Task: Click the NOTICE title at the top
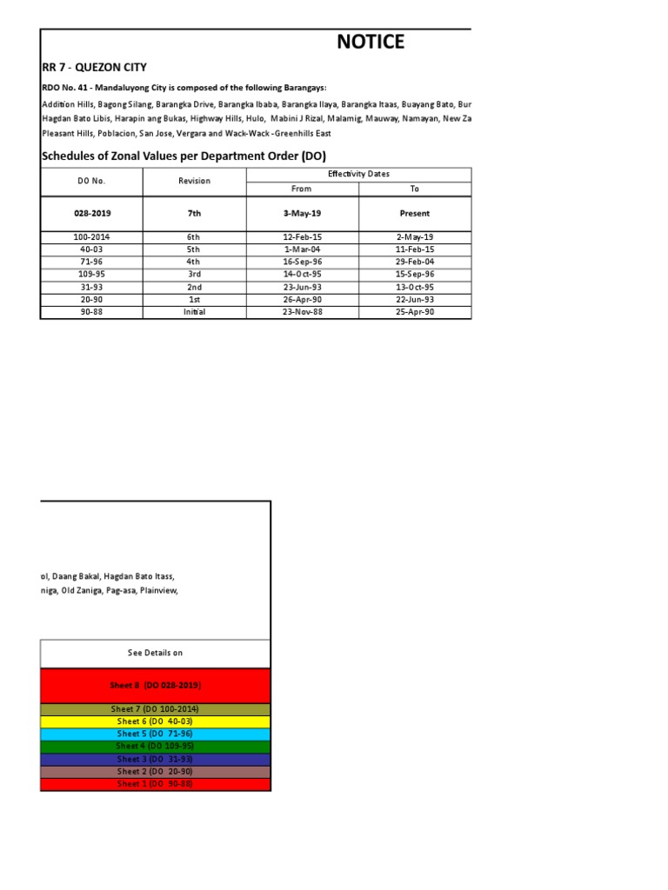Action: pyautogui.click(x=371, y=42)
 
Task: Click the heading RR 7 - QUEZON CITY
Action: pyautogui.click(x=95, y=67)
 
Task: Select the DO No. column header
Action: pyautogui.click(x=91, y=181)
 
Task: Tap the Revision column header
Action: pyautogui.click(x=194, y=181)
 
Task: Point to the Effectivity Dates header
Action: pyautogui.click(x=358, y=174)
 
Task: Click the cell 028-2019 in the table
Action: pyautogui.click(x=91, y=213)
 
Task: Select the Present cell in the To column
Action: pyautogui.click(x=414, y=213)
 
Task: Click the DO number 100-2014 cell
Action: pyautogui.click(x=91, y=236)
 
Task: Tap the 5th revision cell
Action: pyautogui.click(x=194, y=249)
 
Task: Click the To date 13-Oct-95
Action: pyautogui.click(x=414, y=287)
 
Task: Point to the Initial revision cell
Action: pyautogui.click(x=194, y=312)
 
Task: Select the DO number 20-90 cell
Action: pyautogui.click(x=91, y=299)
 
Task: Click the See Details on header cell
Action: pyautogui.click(x=155, y=653)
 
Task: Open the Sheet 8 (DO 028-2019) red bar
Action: pyautogui.click(x=155, y=685)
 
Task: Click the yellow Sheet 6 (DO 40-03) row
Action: pyautogui.click(x=155, y=721)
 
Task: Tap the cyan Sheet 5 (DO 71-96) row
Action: pyautogui.click(x=155, y=734)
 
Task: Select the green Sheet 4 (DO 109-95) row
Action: pyautogui.click(x=155, y=746)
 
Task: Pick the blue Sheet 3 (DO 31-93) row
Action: pyautogui.click(x=155, y=759)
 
